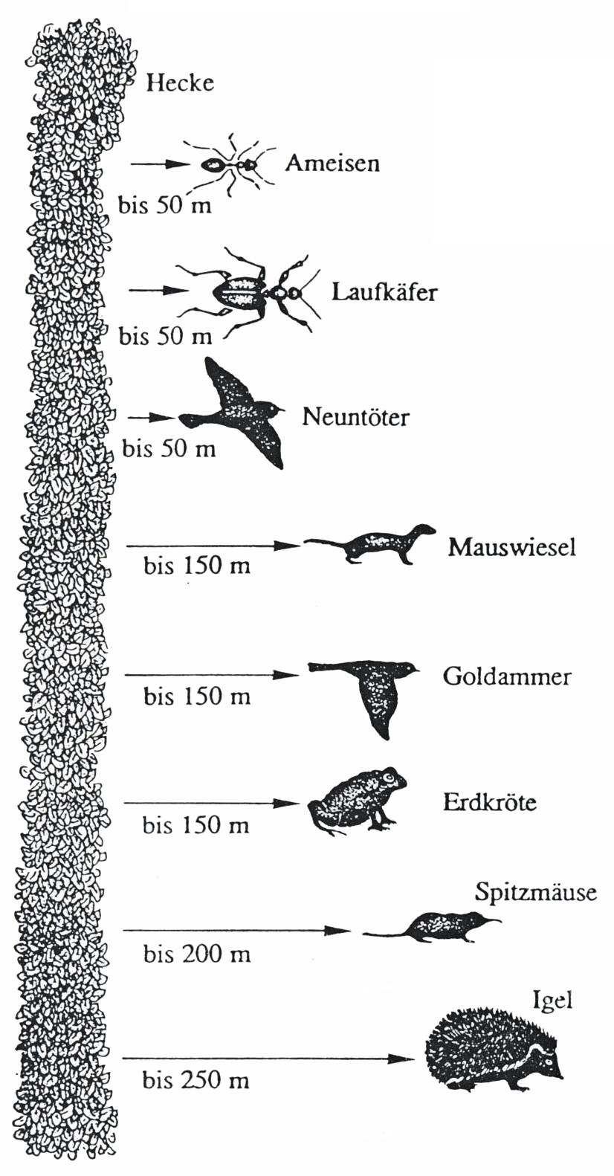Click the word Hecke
[180, 83]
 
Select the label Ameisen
[332, 164]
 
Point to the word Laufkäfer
[384, 292]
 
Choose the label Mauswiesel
[511, 547]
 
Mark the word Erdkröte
[490, 804]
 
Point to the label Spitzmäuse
[536, 893]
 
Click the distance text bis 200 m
[197, 954]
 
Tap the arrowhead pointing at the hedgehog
[406, 1059]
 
